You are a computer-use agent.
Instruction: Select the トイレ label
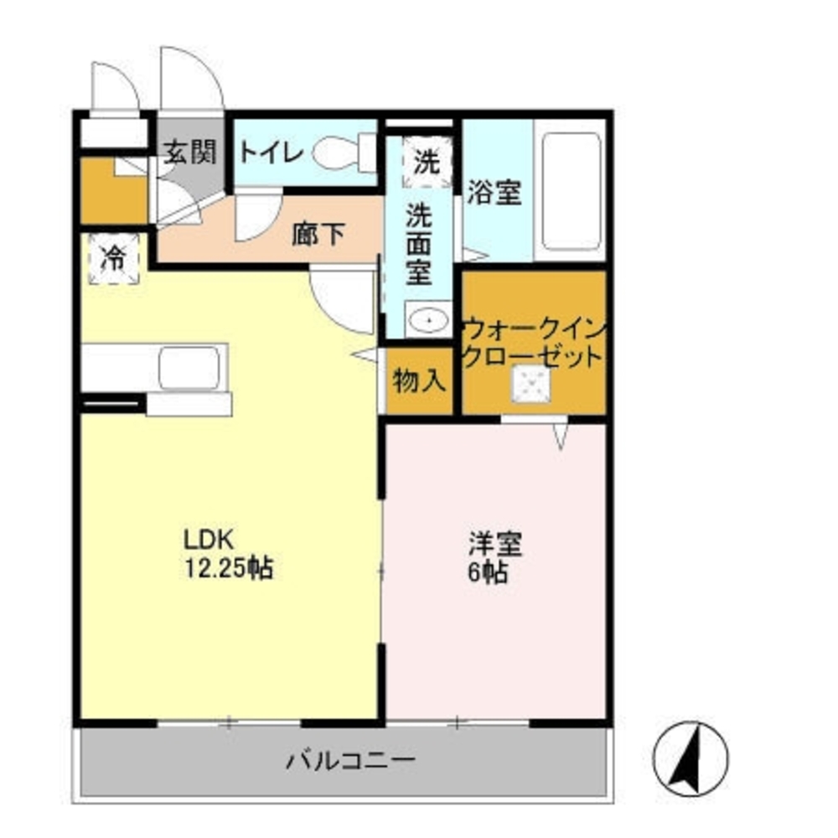click(x=270, y=153)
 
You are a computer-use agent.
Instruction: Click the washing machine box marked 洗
click(x=427, y=161)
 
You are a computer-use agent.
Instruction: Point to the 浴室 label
click(x=494, y=193)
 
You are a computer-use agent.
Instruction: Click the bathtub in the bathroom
click(x=571, y=191)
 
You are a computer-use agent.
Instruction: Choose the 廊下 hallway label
click(x=318, y=235)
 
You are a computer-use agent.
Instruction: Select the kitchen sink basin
click(x=189, y=368)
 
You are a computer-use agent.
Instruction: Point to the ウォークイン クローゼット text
click(x=534, y=342)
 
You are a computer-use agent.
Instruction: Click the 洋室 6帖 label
click(x=494, y=557)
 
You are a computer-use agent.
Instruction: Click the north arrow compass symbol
click(x=691, y=758)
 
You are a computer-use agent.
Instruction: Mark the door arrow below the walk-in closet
click(x=561, y=435)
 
